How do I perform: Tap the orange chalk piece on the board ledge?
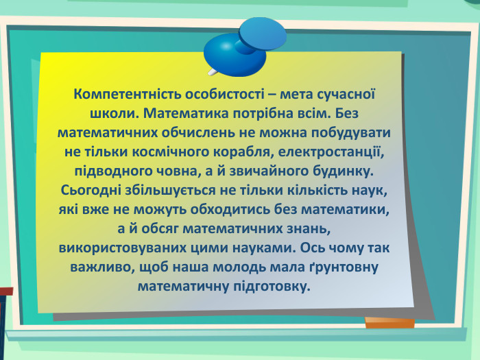389,322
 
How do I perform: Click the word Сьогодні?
92,187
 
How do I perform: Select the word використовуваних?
117,244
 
